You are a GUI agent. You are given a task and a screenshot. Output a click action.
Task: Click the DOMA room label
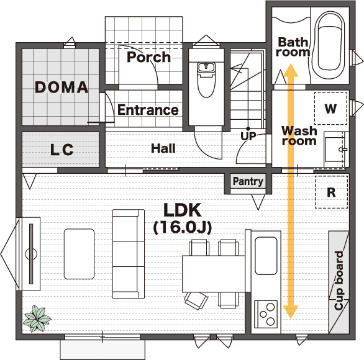tap(61, 88)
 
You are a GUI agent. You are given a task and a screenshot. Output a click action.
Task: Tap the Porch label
tap(148, 57)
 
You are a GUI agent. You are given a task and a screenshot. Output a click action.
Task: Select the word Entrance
tap(148, 110)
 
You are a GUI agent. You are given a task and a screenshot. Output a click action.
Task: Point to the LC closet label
tap(61, 150)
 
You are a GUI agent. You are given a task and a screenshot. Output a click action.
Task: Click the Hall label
tap(163, 148)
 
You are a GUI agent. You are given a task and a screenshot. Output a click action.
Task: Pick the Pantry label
tap(248, 181)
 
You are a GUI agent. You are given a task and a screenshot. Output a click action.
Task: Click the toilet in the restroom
tap(206, 79)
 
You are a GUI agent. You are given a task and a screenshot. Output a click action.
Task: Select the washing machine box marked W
tap(330, 108)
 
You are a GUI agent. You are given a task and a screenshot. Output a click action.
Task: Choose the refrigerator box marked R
tap(331, 192)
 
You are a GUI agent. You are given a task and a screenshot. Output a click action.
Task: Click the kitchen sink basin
tap(266, 256)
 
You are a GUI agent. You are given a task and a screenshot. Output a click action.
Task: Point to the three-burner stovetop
tap(266, 314)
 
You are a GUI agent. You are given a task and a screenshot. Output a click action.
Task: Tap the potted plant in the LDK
tap(37, 318)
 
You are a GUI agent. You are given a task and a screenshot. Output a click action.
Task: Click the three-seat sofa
tap(129, 254)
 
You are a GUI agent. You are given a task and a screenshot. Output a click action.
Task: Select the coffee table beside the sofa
tap(79, 254)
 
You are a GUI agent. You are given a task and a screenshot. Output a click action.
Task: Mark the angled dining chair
tap(196, 300)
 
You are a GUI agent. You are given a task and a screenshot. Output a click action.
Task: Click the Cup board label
tap(339, 281)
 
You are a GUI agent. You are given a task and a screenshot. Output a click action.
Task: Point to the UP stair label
tap(248, 137)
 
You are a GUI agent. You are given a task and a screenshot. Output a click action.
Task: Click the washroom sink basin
tap(334, 149)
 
